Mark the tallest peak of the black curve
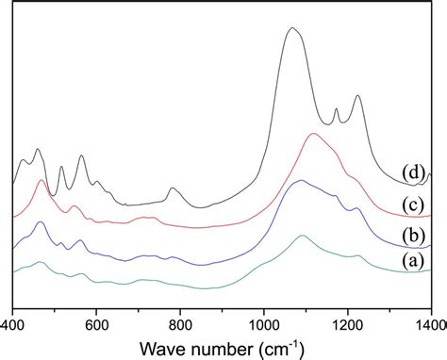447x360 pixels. [x=292, y=29]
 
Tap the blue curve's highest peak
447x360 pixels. [x=301, y=181]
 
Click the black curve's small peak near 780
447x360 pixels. [x=173, y=189]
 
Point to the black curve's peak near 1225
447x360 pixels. [x=357, y=96]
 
